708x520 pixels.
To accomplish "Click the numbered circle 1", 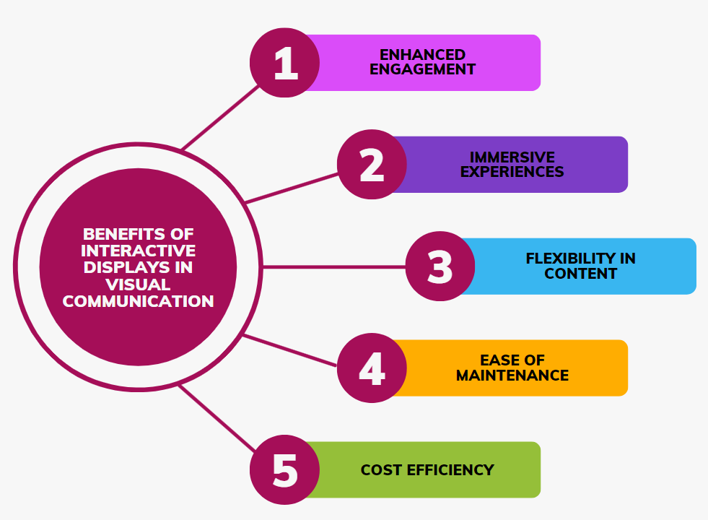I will tap(285, 63).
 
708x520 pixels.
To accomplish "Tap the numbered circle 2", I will tap(372, 165).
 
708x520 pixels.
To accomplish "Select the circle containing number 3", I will tap(440, 266).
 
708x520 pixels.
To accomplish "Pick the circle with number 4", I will tap(372, 368).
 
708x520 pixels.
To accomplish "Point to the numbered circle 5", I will tap(285, 470).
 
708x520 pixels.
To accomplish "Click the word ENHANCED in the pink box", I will tap(423, 55).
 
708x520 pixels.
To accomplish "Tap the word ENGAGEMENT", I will tap(423, 70).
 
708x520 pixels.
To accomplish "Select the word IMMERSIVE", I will tap(512, 157).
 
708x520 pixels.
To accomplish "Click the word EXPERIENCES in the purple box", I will tap(512, 172).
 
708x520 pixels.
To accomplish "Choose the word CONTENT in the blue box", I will tap(581, 274).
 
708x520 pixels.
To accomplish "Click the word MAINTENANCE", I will tap(512, 376).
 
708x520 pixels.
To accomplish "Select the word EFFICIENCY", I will tap(450, 470).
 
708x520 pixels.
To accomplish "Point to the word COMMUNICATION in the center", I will tap(139, 301).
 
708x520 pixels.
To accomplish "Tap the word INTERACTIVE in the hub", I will tap(139, 251).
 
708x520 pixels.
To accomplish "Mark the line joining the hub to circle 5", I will tap(217, 418).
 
